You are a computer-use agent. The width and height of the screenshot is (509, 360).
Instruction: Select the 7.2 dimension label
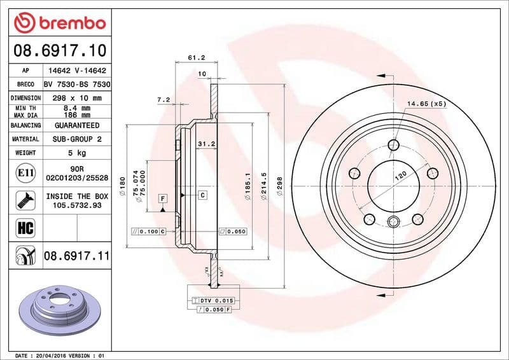(163, 100)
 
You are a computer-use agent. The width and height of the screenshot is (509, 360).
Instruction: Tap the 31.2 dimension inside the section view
(206, 144)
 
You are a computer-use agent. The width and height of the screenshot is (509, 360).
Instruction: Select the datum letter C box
(202, 195)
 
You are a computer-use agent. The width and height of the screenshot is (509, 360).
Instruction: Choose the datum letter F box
(163, 199)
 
